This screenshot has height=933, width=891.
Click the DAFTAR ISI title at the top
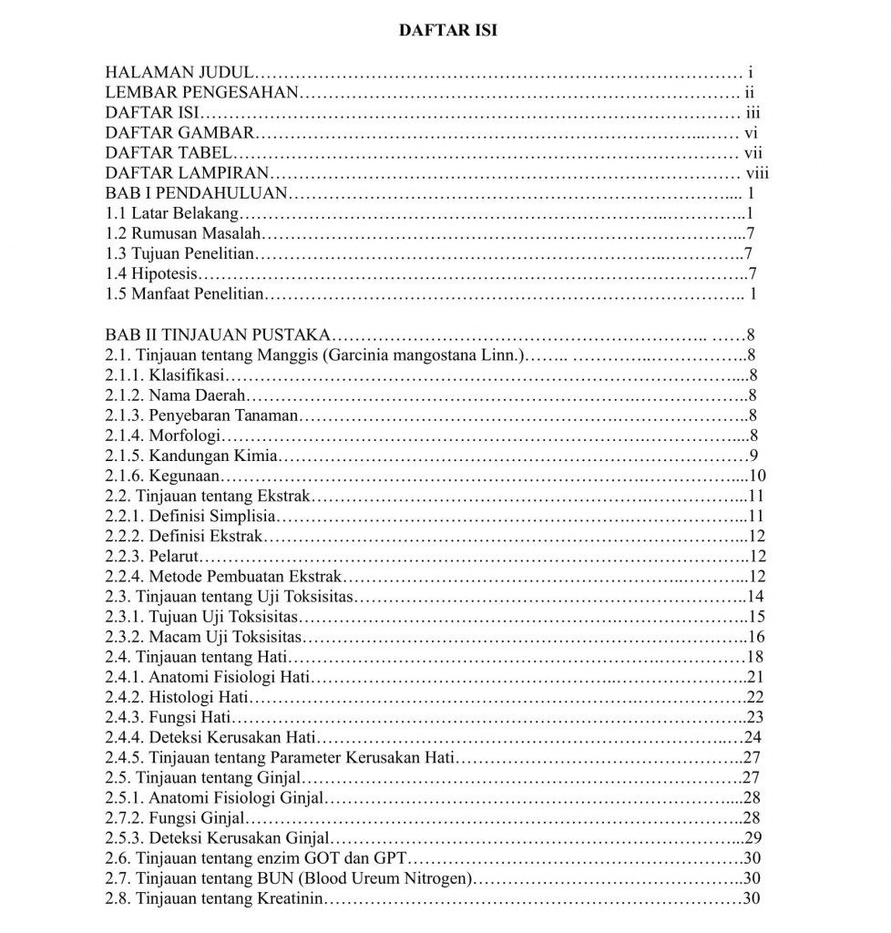pos(448,30)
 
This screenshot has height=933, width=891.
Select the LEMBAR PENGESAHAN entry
pos(201,92)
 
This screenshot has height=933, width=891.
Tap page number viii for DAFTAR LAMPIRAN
pos(757,172)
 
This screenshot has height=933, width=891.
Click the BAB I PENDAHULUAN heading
pos(197,193)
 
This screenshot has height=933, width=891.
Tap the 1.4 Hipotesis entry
pos(151,273)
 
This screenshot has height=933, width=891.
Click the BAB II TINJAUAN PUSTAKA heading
pos(220,334)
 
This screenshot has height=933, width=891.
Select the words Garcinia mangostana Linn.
pos(421,354)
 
